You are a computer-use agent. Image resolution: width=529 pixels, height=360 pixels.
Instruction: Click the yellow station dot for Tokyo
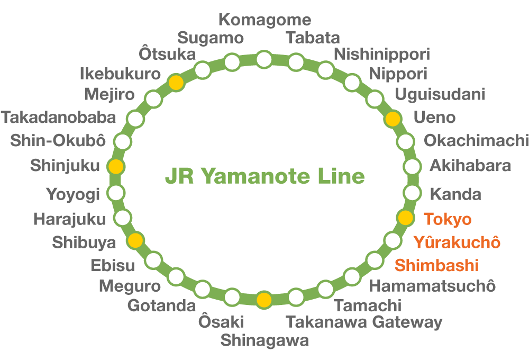tap(405, 217)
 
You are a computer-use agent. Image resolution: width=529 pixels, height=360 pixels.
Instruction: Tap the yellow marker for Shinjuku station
tap(116, 166)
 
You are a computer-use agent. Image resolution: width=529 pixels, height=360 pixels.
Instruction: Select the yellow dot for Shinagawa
tap(264, 300)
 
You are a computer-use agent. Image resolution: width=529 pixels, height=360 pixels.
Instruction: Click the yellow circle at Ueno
tap(393, 119)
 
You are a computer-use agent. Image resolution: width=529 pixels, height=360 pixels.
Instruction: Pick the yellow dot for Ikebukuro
tap(176, 82)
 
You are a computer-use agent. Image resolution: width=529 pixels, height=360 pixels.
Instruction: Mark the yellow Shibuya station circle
tap(136, 240)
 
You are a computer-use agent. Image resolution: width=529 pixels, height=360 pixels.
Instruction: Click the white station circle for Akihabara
tap(412, 166)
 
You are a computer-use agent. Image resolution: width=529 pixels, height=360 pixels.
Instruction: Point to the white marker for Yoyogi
tap(116, 192)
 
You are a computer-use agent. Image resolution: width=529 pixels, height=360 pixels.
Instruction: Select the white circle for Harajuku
tap(123, 217)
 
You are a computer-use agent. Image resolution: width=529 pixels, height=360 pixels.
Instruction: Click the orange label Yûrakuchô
tap(457, 242)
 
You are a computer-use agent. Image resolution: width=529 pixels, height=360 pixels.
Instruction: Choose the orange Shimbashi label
tap(437, 265)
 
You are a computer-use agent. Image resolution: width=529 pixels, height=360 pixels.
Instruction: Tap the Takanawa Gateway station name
tap(364, 322)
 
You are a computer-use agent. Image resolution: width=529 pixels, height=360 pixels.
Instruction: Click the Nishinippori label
tap(382, 54)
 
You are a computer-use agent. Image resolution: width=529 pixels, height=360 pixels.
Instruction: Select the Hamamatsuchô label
tap(432, 286)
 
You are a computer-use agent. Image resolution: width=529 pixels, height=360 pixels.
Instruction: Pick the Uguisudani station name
tap(440, 95)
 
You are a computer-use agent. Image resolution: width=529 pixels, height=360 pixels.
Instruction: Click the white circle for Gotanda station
tap(203, 289)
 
